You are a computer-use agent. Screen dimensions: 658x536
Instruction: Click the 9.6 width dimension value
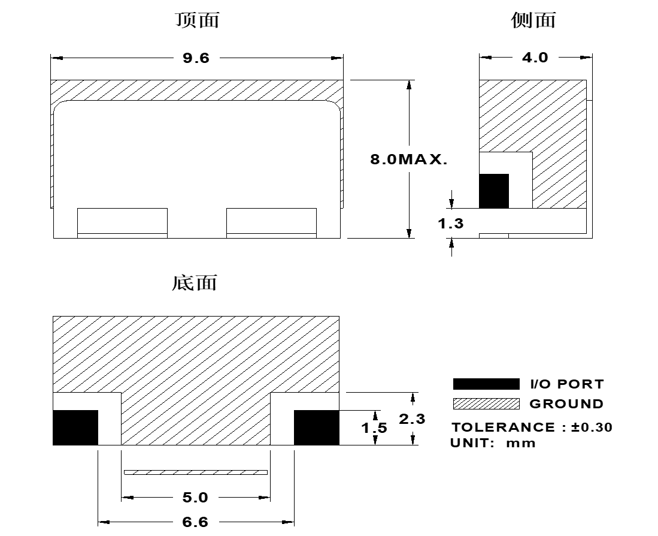pos(196,58)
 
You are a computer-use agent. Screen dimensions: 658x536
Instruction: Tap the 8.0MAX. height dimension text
pos(409,159)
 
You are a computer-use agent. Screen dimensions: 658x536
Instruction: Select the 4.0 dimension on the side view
pos(535,57)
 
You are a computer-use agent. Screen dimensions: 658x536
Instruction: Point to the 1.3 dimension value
pos(451,224)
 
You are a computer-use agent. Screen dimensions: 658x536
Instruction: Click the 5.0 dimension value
pos(195,498)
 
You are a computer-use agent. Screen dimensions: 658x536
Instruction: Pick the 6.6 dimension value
pos(195,522)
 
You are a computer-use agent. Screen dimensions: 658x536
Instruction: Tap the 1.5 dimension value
pos(374,428)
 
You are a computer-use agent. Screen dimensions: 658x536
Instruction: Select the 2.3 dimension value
pos(412,419)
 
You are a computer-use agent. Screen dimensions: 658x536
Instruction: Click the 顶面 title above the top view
pos(197,20)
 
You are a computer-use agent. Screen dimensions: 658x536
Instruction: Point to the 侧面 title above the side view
pos(533,20)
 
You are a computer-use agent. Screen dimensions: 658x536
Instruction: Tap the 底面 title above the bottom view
pos(195,283)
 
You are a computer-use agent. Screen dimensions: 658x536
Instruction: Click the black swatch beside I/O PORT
pos(486,384)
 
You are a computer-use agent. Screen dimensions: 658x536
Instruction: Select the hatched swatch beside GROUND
pos(486,403)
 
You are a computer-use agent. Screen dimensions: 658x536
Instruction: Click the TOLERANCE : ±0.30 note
pos(532,427)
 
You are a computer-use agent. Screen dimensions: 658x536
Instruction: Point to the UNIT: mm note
pos(493,443)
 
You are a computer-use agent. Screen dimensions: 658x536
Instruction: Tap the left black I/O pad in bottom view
pos(75,427)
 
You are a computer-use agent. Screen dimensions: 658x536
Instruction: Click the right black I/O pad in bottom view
pos(316,427)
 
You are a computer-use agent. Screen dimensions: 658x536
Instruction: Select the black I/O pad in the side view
pos(494,191)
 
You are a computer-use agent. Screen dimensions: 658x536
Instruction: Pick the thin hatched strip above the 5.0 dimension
pos(196,472)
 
